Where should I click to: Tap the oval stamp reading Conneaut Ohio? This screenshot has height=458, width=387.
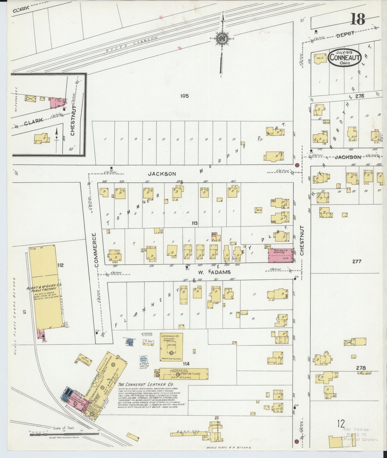tap(345, 57)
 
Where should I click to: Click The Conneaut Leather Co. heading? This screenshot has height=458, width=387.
tap(138, 384)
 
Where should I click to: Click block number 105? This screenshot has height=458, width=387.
tap(185, 96)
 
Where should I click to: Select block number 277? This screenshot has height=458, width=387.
tap(357, 261)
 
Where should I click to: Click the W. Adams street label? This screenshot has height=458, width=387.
tap(211, 272)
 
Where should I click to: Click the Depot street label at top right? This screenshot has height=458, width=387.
tap(345, 34)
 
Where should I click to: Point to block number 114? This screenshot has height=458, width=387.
tap(186, 364)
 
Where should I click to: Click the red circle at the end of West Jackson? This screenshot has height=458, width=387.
tap(297, 165)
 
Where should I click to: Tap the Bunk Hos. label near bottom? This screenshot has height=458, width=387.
tap(189, 432)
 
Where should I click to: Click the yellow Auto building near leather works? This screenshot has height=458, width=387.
tap(85, 360)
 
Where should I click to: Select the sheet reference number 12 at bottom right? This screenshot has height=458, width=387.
tap(341, 424)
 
